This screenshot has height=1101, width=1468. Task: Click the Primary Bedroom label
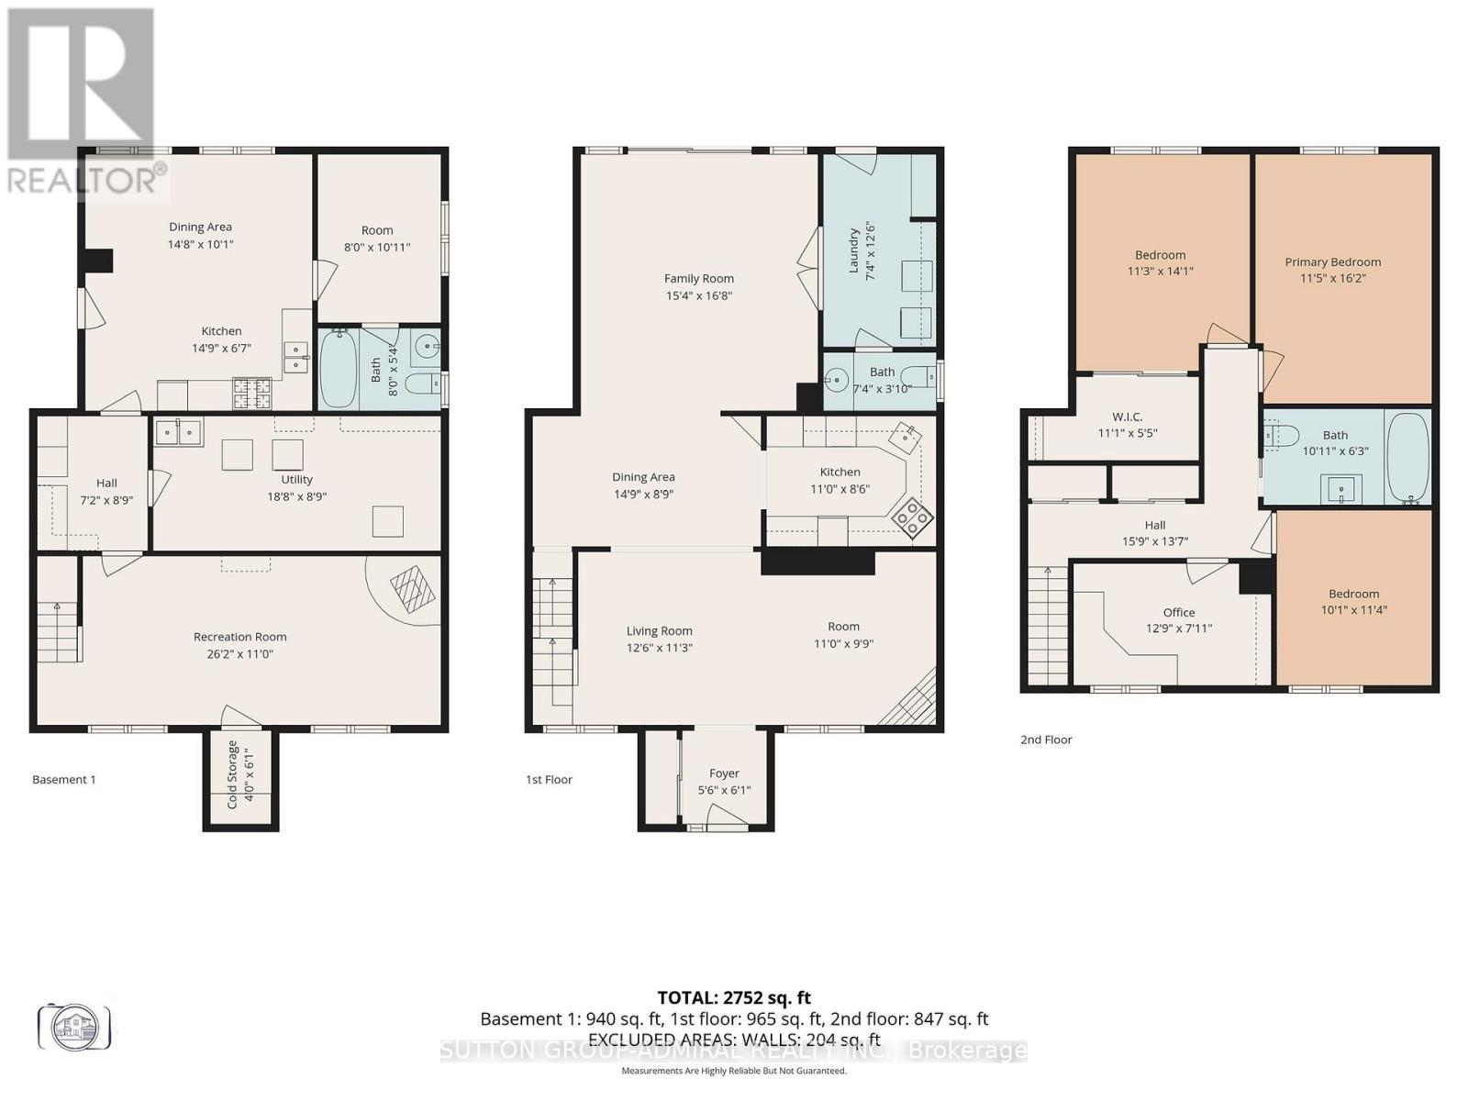click(x=1332, y=261)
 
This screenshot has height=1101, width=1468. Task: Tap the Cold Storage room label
click(x=232, y=773)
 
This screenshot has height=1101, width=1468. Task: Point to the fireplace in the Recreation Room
click(x=413, y=587)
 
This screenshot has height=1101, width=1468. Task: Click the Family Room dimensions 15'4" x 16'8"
click(x=698, y=295)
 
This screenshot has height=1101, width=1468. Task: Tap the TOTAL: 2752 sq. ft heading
click(x=734, y=997)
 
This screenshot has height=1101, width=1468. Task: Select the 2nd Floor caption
click(x=1046, y=739)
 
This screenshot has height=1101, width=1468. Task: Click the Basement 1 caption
click(x=64, y=779)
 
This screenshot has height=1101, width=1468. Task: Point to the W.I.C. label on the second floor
click(x=1127, y=417)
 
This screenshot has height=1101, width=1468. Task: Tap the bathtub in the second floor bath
click(x=1407, y=457)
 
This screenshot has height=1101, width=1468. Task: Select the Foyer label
click(x=724, y=773)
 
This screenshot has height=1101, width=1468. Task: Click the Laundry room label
click(x=854, y=250)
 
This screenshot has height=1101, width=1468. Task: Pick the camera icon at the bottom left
click(x=74, y=1026)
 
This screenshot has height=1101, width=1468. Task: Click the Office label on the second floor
click(x=1179, y=612)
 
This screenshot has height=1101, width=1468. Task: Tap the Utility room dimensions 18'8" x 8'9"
click(x=296, y=495)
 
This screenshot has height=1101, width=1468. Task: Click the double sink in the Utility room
click(x=179, y=431)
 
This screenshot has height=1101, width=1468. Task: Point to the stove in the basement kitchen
click(x=253, y=394)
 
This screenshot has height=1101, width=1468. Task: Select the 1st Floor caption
click(x=549, y=779)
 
